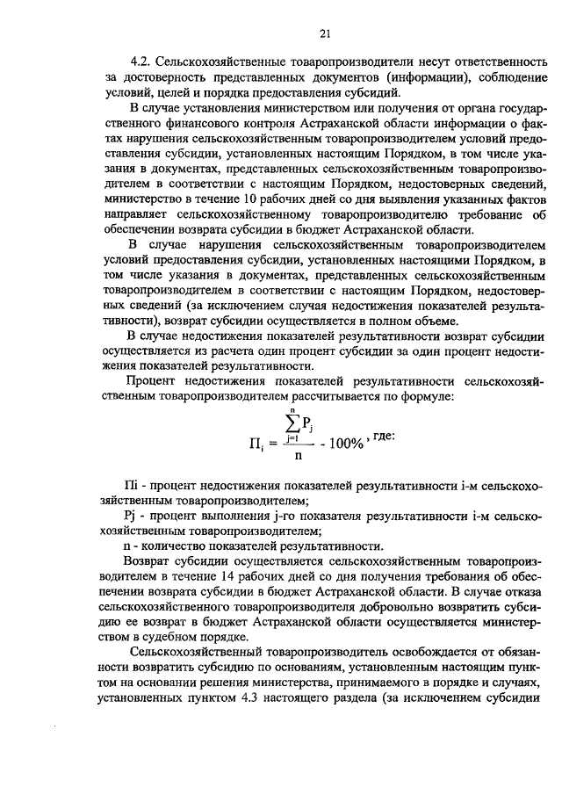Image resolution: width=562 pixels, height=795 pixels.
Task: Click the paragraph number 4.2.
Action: click(x=141, y=63)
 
